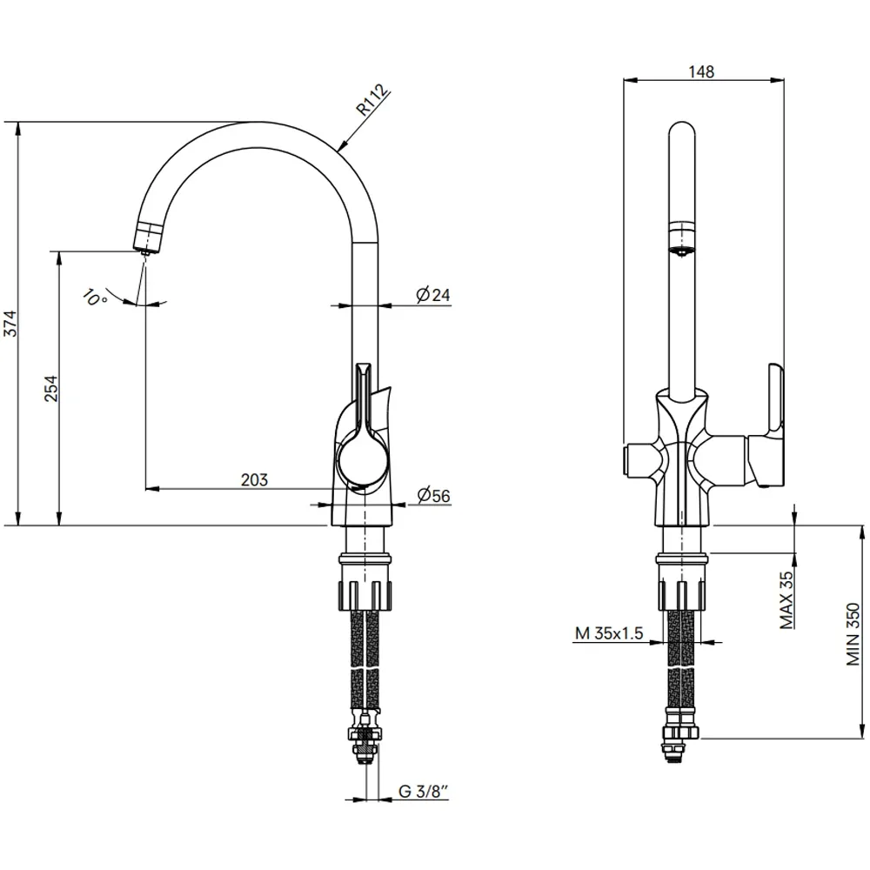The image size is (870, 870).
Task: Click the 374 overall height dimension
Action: (10, 324)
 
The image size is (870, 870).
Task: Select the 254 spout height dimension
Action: (50, 388)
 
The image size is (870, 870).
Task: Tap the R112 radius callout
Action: (372, 99)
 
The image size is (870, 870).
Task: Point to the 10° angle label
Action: (95, 298)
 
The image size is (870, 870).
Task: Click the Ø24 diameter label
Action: (432, 295)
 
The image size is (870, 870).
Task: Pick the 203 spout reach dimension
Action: (254, 479)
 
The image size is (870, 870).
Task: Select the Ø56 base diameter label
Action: (433, 495)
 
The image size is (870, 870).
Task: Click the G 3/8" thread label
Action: (424, 791)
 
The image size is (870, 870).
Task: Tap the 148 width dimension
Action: (701, 71)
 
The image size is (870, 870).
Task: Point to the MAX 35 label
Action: (786, 600)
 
